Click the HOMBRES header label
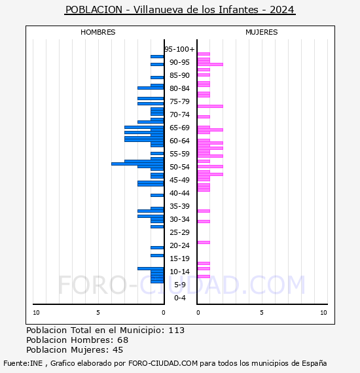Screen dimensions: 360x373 tap(98, 32)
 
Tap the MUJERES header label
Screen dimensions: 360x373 tap(262, 32)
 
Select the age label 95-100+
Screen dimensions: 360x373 tap(179, 49)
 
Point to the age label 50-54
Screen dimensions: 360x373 tap(179, 167)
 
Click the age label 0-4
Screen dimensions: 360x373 tap(179, 298)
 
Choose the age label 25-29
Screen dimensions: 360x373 tap(179, 232)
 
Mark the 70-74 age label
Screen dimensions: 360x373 tap(179, 115)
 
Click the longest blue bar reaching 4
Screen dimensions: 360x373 tap(137, 164)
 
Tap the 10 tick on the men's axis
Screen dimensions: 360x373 tap(36, 313)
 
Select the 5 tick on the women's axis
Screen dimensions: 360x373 tap(262, 313)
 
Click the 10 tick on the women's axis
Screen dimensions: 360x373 tap(323, 313)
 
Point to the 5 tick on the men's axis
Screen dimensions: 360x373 tap(98, 313)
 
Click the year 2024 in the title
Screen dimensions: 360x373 tap(282, 10)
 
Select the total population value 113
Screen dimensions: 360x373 tap(177, 330)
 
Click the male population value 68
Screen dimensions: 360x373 tap(123, 340)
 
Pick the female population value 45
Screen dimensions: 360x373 tap(118, 350)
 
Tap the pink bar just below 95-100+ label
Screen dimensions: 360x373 tap(204, 54)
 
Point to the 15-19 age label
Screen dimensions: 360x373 tap(179, 258)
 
